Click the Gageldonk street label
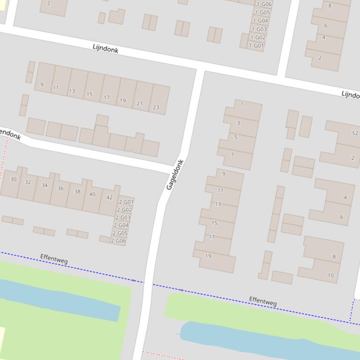coord(175,174)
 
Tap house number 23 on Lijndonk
coord(156,107)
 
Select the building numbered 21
coord(140,103)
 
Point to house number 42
coord(110,197)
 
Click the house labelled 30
coord(13,179)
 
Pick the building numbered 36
coord(60,188)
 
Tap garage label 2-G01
coord(126,202)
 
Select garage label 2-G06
coord(118,241)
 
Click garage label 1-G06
coord(264,4)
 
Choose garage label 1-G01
coord(256,46)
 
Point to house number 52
coord(354,133)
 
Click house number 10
coord(331,275)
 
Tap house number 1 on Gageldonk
coord(242,104)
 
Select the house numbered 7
coord(232,154)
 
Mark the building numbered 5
coord(235,137)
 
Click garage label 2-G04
coord(121,225)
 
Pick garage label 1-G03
coord(259,29)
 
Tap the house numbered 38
coord(77,191)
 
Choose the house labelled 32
coord(28,182)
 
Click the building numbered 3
coord(238,123)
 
